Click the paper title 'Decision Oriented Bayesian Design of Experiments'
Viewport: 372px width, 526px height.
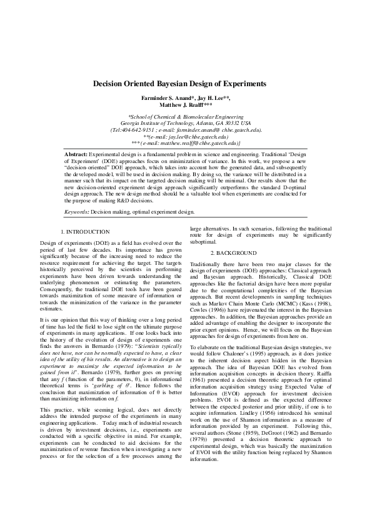click(x=179, y=83)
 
